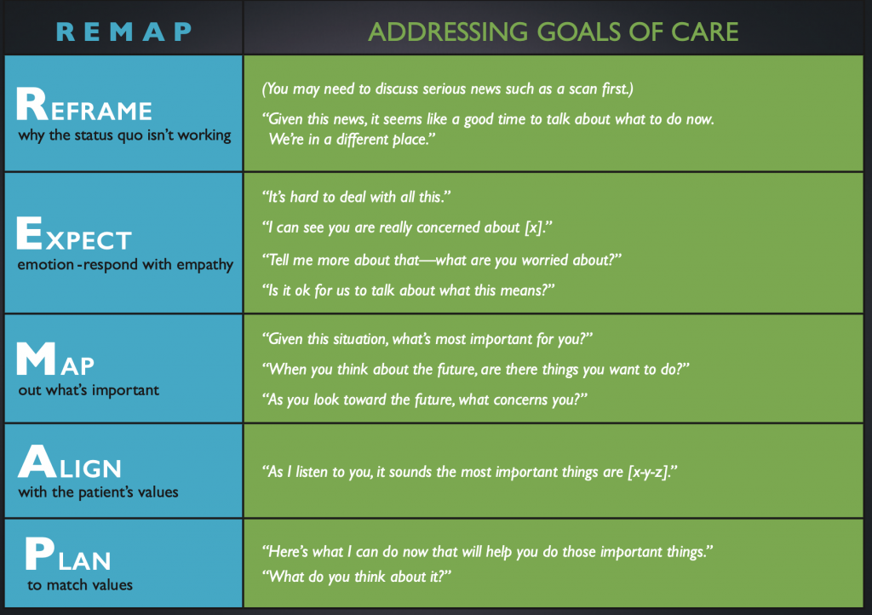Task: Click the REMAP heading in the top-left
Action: [124, 32]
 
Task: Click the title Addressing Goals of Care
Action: [554, 32]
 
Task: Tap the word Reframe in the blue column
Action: [84, 105]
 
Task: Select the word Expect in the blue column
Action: [74, 233]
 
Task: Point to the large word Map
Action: [55, 359]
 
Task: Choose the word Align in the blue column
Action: [70, 462]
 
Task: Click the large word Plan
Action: [68, 554]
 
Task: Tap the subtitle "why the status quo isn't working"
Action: [124, 135]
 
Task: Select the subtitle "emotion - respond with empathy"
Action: [125, 265]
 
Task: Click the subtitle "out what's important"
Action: [89, 390]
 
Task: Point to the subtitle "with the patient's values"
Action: [98, 492]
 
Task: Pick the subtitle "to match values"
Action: [80, 585]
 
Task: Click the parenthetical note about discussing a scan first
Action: [448, 89]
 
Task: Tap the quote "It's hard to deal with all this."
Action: [357, 197]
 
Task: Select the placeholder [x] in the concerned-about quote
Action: [534, 227]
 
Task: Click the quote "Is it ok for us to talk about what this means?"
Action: [408, 290]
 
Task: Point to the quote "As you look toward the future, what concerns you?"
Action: [425, 399]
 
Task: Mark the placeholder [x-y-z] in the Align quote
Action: [648, 472]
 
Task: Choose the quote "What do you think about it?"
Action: [357, 577]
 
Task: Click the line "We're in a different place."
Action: [352, 139]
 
